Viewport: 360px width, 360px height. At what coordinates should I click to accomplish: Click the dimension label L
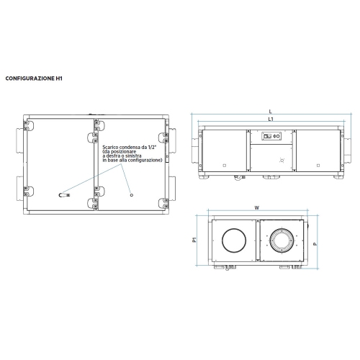(270, 110)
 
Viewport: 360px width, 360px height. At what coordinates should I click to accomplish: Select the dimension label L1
(270, 119)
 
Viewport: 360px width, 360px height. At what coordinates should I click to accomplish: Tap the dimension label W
(257, 207)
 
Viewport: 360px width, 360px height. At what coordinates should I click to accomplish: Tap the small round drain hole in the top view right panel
(130, 194)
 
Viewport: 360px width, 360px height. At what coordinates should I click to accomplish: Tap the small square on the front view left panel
(224, 166)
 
